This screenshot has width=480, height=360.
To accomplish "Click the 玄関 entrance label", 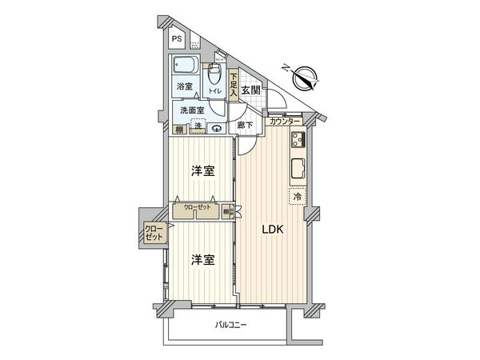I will tap(250, 90).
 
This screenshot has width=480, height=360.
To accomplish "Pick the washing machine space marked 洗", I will tap(198, 127).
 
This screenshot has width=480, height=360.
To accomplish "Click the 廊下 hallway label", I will tap(245, 126).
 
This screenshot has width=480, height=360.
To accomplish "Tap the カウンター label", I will tap(285, 122).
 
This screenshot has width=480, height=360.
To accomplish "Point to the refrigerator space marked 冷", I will tap(295, 196).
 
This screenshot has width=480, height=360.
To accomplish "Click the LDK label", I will tap(273, 230).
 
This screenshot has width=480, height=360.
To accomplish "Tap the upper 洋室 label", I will tap(203, 171).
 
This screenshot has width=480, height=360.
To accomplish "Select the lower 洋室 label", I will tap(203, 260).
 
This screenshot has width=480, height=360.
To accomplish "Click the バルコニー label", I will tap(231, 326).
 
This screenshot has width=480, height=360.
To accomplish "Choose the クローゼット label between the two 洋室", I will tap(198, 207).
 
